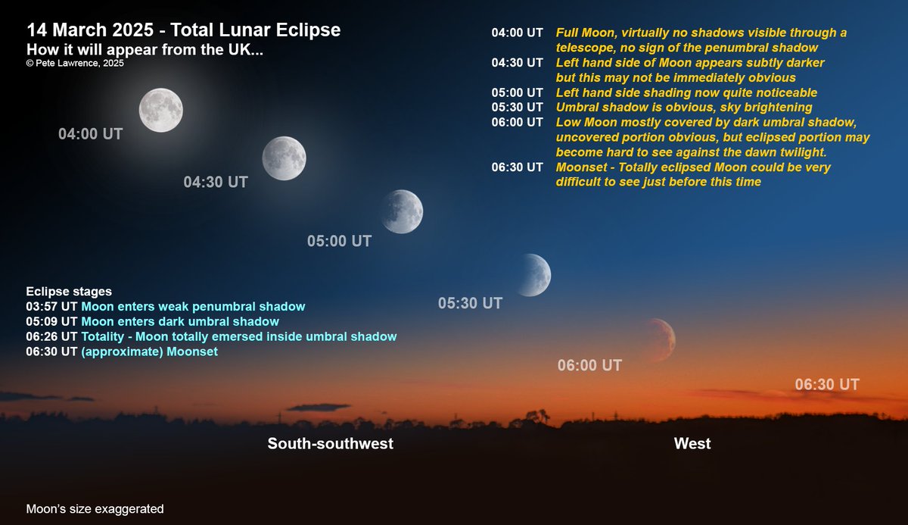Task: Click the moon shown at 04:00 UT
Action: point(160,110)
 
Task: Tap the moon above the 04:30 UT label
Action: point(284,158)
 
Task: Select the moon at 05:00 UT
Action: point(402,211)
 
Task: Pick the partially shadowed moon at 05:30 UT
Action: point(533,274)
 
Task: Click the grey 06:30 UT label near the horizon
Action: point(826,384)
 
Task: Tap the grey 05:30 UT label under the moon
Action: point(470,303)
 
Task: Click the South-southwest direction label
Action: point(330,443)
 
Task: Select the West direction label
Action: point(692,443)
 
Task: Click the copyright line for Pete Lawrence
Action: point(75,64)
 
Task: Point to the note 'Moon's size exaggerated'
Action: point(95,509)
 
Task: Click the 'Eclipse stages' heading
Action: point(69,292)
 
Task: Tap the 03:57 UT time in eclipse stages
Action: point(51,307)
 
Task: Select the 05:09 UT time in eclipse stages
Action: point(51,322)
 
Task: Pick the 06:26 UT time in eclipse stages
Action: point(51,336)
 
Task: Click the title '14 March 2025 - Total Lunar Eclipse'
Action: point(184,30)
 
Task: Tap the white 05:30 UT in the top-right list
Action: point(517,107)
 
